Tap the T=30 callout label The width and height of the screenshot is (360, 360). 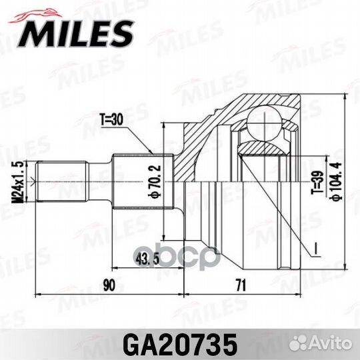tap(113, 121)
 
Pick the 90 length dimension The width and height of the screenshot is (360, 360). tap(109, 285)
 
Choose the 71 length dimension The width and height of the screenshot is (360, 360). tap(241, 285)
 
